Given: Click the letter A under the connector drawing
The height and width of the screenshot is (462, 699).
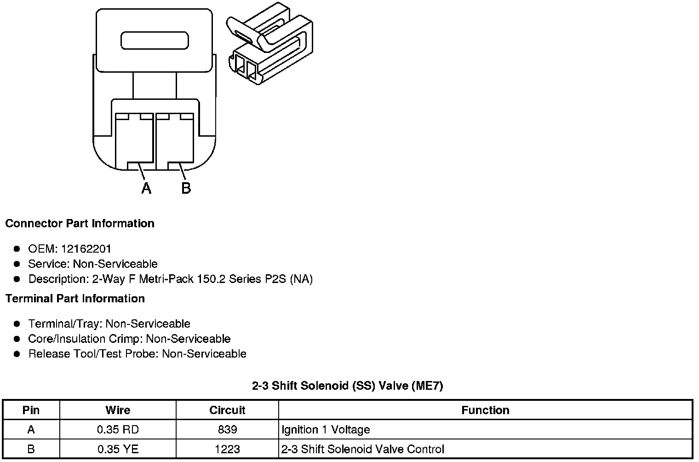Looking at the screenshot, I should coord(146,188).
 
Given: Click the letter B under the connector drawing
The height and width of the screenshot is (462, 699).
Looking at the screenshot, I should coord(186,188).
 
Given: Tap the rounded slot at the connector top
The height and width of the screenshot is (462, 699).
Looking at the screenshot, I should coord(155,40).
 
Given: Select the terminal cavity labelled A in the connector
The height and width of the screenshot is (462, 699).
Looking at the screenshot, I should coord(134,140).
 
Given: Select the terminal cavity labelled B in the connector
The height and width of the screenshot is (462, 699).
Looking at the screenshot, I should coord(175,140).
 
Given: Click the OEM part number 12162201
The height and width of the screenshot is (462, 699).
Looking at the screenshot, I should coord(86,249).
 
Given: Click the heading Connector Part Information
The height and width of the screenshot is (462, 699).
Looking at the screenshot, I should coord(80,224).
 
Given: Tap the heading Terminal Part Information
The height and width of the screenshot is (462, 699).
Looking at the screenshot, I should coord(75,299).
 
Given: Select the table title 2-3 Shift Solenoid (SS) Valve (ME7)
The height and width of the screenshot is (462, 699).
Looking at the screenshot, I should coord(348,386).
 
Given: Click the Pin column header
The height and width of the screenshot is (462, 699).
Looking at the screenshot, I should coord(31,410).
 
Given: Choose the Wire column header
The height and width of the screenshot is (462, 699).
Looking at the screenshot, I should coord(118,410).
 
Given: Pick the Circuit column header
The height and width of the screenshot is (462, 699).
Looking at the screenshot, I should coord(227,410).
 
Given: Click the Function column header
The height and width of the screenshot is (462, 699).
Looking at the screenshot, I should coord(485,410).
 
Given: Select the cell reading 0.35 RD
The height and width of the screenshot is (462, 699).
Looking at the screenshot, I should coord(118,430).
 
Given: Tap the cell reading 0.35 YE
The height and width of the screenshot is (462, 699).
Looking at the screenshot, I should coord(118,449).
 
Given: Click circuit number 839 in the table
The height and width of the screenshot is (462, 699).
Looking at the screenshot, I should coord(228,430).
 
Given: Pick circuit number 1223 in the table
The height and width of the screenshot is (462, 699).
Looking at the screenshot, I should coord(228,449).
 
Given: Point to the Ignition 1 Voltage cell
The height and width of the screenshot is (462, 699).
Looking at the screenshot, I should coord(326,430).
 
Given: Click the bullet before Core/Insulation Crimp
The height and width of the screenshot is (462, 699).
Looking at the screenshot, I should coord(17,339).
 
